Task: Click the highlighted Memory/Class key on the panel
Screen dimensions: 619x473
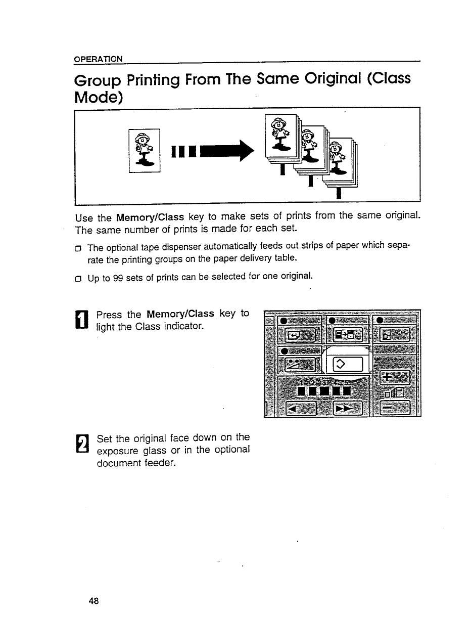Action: click(347, 364)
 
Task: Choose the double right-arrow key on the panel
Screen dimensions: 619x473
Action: click(347, 407)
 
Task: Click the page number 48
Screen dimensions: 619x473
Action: click(93, 601)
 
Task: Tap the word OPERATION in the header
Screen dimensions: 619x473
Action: click(98, 59)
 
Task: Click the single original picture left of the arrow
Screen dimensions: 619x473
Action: click(145, 150)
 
